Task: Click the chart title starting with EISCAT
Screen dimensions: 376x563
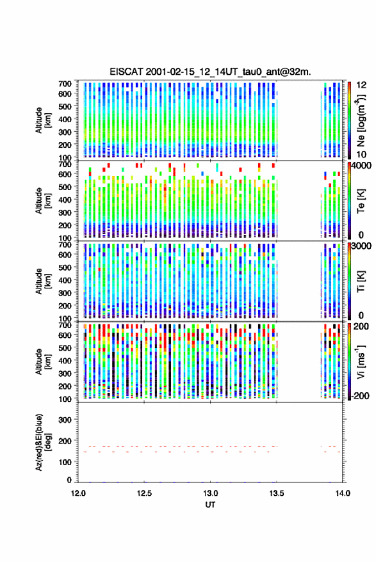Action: coord(210,72)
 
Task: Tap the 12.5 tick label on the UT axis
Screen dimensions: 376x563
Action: coord(145,493)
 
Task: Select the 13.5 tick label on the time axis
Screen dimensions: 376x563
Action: coord(277,493)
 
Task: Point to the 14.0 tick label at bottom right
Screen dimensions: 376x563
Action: coord(343,493)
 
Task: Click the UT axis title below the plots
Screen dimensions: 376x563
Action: coord(210,505)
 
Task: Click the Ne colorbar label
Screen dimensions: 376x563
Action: coord(361,120)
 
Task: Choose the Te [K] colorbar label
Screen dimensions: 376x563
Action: coord(361,202)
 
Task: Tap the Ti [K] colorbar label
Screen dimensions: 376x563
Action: coord(361,281)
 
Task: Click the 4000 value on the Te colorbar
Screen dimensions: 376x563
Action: coord(361,166)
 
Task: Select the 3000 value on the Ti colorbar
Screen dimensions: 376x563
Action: coord(361,246)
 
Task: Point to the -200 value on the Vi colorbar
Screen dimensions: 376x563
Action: coord(360,395)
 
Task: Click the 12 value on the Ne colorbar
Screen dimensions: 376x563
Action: coord(361,85)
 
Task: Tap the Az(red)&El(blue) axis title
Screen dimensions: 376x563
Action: coord(42,442)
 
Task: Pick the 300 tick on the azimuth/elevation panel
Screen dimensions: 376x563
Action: coord(65,420)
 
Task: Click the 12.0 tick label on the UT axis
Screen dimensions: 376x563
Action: coord(78,493)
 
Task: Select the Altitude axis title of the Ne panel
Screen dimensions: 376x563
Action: coord(43,120)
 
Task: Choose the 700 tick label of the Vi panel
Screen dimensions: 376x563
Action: coord(65,325)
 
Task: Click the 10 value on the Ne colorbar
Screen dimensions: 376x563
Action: coord(361,154)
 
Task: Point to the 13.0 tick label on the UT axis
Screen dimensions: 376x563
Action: coord(210,493)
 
